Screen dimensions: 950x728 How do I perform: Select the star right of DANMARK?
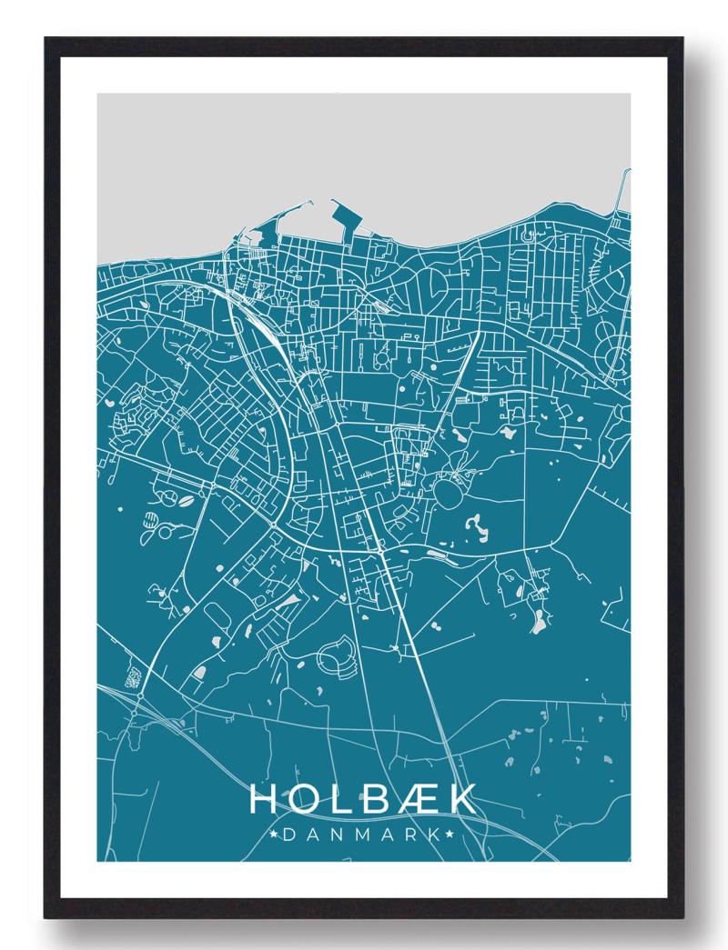click(450, 833)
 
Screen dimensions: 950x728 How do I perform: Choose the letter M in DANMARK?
click(363, 833)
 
